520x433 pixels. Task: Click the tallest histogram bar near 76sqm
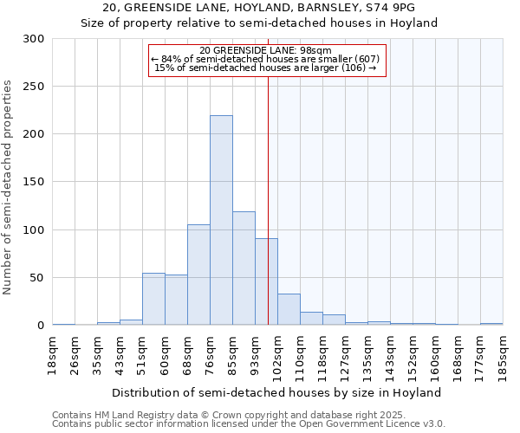pyautogui.click(x=221, y=221)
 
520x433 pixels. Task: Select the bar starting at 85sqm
pyautogui.click(x=244, y=268)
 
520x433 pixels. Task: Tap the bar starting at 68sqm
pyautogui.click(x=198, y=275)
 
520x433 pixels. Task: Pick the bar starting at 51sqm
pyautogui.click(x=153, y=299)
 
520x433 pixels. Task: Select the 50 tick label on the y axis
pyautogui.click(x=37, y=278)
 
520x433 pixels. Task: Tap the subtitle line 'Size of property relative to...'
pyautogui.click(x=259, y=23)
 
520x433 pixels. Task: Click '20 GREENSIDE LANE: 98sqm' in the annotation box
pyautogui.click(x=265, y=51)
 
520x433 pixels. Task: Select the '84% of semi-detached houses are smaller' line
pyautogui.click(x=265, y=60)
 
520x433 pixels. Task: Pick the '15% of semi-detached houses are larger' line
pyautogui.click(x=265, y=68)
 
